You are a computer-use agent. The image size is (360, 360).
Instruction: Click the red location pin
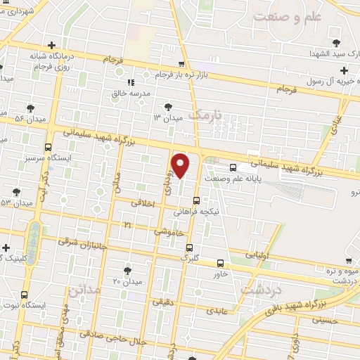(x=181, y=166)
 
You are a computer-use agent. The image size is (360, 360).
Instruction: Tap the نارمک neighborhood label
(x=207, y=115)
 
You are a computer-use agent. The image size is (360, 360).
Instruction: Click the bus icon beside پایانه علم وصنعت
(x=233, y=167)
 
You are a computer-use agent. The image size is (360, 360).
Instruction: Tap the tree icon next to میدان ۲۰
(x=127, y=270)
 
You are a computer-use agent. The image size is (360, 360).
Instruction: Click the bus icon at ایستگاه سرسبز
(x=48, y=148)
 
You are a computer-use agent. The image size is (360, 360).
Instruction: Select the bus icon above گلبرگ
(x=189, y=247)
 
